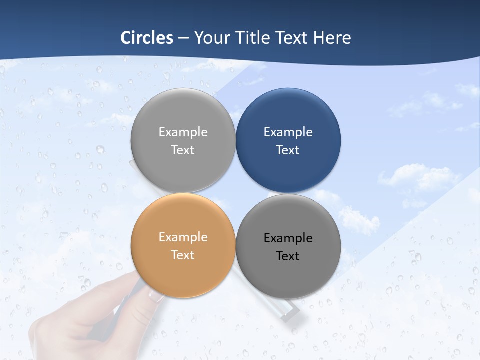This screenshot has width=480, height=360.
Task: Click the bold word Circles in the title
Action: [147, 38]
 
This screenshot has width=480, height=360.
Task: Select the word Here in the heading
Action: [332, 38]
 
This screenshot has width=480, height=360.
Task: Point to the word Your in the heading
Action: [213, 38]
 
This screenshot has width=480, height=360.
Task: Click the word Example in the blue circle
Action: [288, 132]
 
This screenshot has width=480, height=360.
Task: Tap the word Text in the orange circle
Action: [183, 255]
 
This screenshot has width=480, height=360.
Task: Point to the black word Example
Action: [288, 238]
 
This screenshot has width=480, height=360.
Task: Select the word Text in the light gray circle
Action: [183, 150]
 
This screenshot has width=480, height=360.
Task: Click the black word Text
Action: [288, 256]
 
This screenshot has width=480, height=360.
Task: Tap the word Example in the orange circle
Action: [183, 237]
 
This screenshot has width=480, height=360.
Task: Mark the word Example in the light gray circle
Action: [183, 132]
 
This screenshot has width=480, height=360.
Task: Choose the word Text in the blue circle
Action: [288, 150]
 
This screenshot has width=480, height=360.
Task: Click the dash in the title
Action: [183, 38]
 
